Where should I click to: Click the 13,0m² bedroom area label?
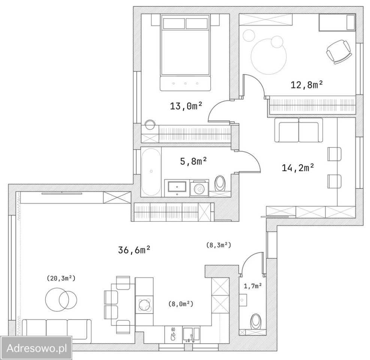[x=186, y=106]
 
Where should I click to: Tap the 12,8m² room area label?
[x=307, y=84]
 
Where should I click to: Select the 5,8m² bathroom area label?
[x=194, y=161]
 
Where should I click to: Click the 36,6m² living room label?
[x=134, y=250]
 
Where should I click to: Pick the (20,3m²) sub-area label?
[x=61, y=278]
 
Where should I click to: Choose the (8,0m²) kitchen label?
[x=181, y=304]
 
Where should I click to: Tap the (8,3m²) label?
[x=219, y=245]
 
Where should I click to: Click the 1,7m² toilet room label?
[x=253, y=286]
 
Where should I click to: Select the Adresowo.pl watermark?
[x=37, y=348]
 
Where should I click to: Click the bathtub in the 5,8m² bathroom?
[x=151, y=172]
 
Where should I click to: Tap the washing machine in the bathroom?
[x=199, y=188]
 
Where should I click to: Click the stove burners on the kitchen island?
[x=144, y=304]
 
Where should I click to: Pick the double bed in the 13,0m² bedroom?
[x=185, y=52]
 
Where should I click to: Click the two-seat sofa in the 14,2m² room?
[x=298, y=130]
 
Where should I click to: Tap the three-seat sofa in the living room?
[x=57, y=331]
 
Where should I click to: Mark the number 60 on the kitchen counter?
[x=173, y=329]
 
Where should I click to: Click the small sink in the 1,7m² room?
[x=243, y=300]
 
